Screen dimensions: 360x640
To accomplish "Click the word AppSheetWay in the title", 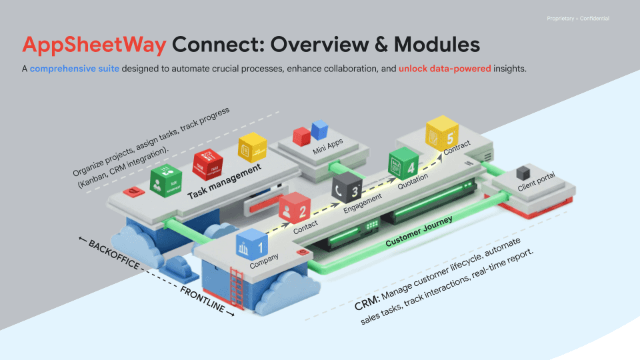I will tap(94, 45).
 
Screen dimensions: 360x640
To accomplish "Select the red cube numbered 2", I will tap(293, 208).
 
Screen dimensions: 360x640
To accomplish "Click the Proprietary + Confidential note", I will tap(577, 18).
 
